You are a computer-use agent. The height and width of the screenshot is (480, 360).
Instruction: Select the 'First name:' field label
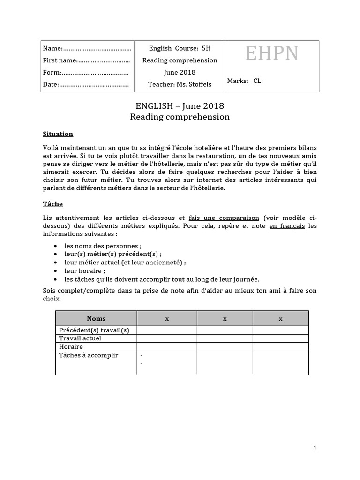pos(60,60)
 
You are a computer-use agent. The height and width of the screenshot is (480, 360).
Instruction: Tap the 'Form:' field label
pos(52,72)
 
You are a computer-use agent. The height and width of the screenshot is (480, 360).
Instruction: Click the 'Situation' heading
pos(58,134)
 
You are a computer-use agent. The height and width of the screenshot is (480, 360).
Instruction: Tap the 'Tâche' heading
pos(52,204)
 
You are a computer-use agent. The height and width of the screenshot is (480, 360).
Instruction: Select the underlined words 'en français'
pos(287,226)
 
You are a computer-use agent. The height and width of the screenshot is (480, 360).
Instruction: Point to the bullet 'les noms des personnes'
pos(103,246)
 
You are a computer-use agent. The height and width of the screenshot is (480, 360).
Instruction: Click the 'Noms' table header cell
pos(96,318)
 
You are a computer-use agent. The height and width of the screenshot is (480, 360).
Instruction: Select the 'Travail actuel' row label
pos(80,338)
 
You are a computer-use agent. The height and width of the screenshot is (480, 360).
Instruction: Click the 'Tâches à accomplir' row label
pos(89,355)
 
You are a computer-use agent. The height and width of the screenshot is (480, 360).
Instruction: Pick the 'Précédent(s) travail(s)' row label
pos(94,330)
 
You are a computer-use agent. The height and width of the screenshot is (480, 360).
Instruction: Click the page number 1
pos(315,448)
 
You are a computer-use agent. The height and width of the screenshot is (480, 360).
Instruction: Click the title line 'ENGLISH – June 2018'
pos(180,106)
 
